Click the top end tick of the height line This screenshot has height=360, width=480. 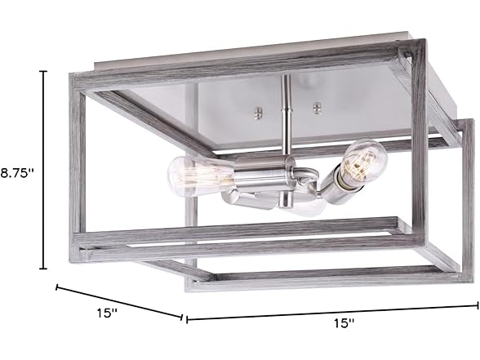click(x=44, y=72)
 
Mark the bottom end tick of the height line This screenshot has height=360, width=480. click(x=44, y=269)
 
